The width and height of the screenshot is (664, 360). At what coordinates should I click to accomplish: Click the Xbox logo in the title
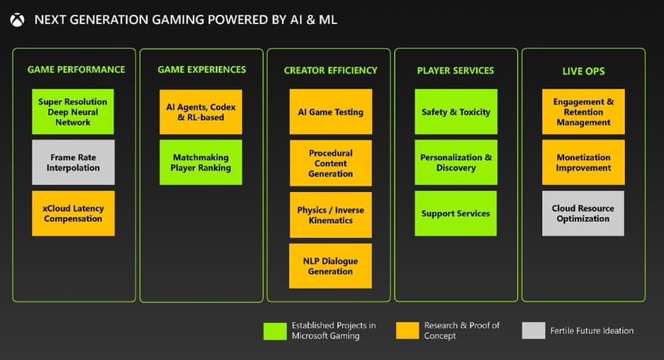[x=17, y=20]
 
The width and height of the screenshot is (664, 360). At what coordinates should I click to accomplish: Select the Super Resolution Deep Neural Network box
[x=73, y=112]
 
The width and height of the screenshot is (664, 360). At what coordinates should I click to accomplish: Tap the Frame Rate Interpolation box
[x=73, y=162]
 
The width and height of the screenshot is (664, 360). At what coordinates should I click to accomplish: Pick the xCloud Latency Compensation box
[x=73, y=213]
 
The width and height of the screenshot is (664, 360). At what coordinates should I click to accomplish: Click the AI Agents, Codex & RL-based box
[x=201, y=112]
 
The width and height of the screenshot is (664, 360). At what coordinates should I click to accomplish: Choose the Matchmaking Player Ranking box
[x=201, y=162]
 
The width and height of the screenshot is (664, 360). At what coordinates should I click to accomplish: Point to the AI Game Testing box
[x=330, y=112]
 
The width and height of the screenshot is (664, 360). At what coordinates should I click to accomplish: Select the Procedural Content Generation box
[x=330, y=163]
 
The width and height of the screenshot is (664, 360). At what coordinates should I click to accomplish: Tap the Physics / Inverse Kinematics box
[x=330, y=215]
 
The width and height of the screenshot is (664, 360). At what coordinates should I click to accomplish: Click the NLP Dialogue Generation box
[x=330, y=266]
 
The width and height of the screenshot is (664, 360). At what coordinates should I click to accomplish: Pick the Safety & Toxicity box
[x=456, y=112]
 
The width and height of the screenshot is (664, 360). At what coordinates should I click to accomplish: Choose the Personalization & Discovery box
[x=456, y=162]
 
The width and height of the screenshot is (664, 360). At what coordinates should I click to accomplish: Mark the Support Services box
[x=456, y=213]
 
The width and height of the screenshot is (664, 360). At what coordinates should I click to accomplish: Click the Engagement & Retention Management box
[x=583, y=112]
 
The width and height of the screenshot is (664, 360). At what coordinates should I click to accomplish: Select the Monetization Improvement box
[x=583, y=162]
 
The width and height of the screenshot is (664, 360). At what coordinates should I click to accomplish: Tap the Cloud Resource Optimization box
[x=583, y=213]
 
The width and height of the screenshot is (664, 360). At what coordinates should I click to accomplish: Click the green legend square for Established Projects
[x=274, y=331]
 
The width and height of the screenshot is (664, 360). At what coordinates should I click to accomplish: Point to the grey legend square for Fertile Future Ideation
[x=533, y=331]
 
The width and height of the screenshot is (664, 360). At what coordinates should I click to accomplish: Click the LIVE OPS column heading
[x=583, y=71]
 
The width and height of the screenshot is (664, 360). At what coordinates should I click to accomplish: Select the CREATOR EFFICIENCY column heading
[x=330, y=70]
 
